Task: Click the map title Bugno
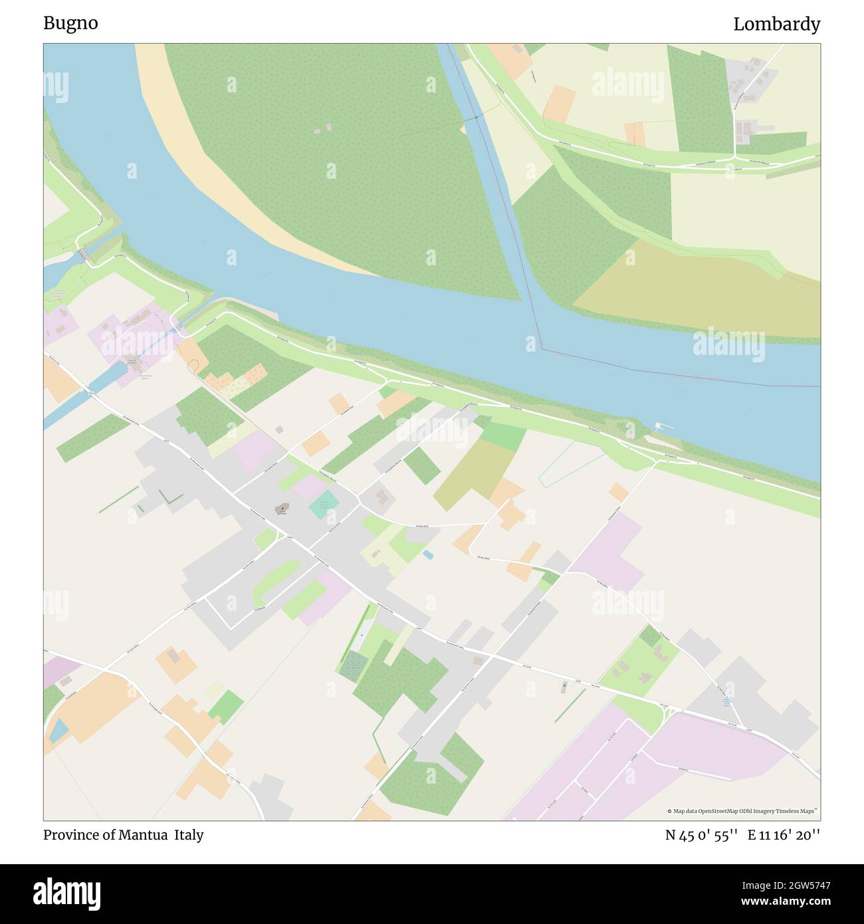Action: point(70,23)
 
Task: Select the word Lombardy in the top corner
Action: point(776,25)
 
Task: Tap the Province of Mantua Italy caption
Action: point(124,835)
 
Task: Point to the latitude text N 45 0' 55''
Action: point(702,836)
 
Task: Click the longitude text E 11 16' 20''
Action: point(784,836)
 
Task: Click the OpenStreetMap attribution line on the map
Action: point(744,811)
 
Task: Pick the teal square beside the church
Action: point(324,505)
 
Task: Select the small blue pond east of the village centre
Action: point(428,554)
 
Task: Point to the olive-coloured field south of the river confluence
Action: point(698,286)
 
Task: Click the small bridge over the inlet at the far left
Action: point(83,254)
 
